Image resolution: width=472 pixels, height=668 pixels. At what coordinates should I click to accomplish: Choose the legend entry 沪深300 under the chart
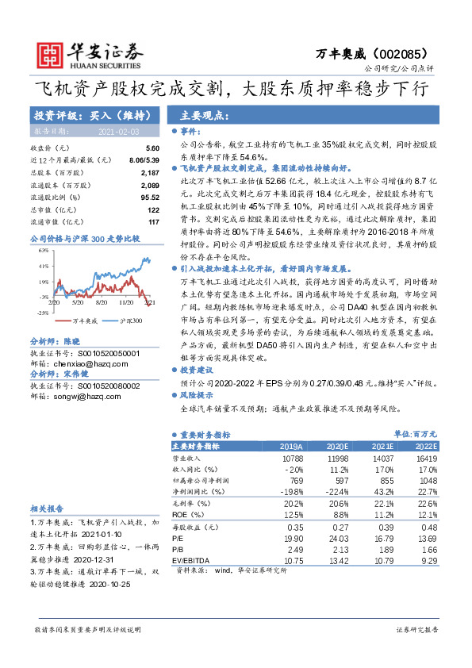(x=131, y=321)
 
